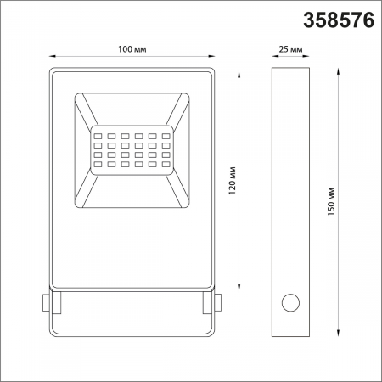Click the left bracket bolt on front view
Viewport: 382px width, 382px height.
[x=45, y=301]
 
